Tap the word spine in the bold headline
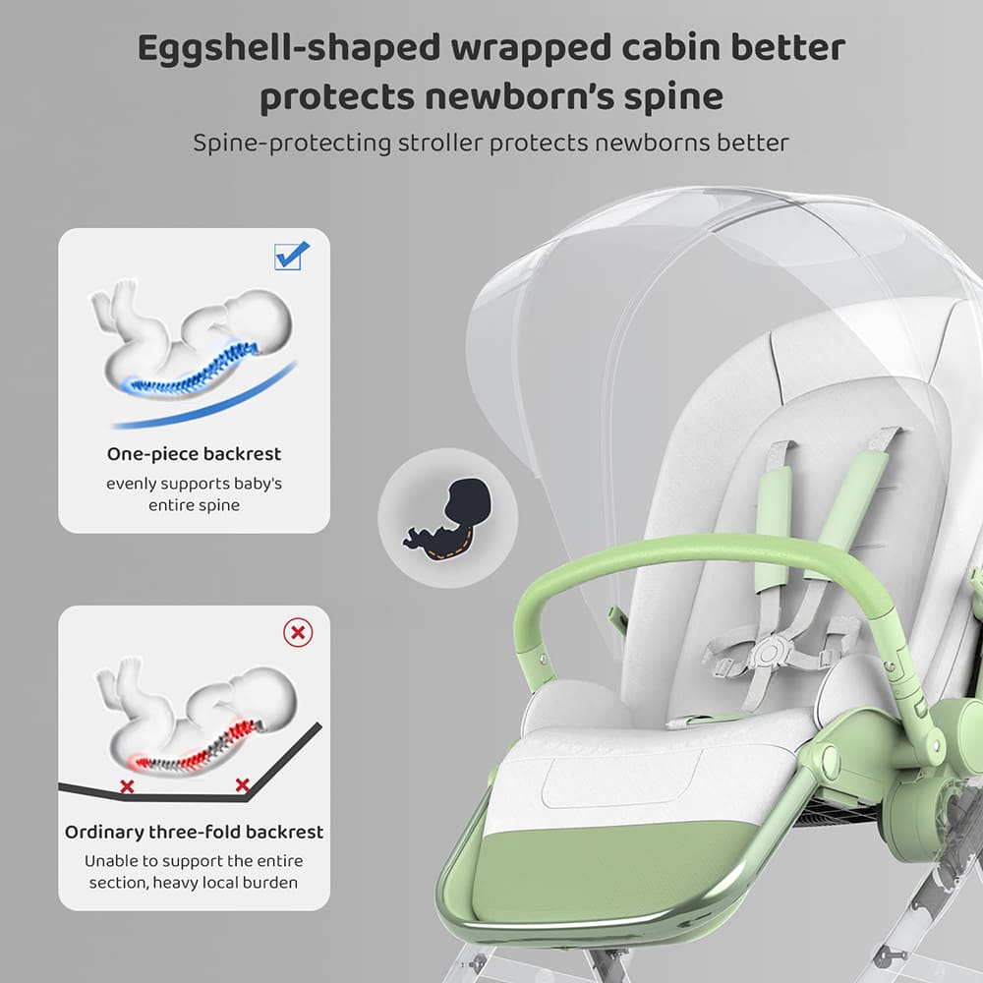point(671,96)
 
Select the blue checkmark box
point(292,256)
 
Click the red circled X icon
point(297,632)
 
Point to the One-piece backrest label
point(194,454)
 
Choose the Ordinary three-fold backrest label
point(194,832)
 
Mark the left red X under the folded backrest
point(127,786)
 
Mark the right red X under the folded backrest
point(242,784)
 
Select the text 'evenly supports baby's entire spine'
point(194,494)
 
